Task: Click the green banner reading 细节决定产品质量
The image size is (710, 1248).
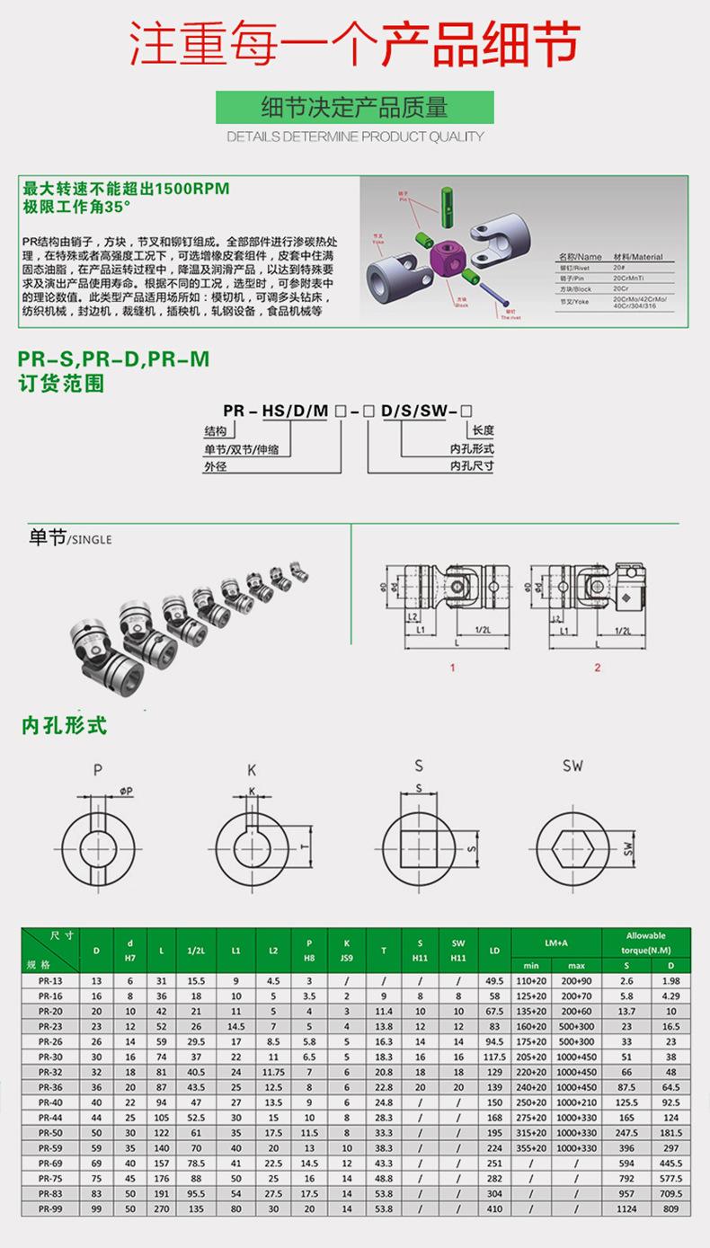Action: (x=354, y=109)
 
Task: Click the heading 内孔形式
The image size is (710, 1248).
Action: (x=65, y=724)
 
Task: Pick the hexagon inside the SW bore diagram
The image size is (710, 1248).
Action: (x=572, y=846)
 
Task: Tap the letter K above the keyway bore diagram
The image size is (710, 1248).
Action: (x=252, y=769)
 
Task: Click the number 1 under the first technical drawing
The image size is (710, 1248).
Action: (x=453, y=668)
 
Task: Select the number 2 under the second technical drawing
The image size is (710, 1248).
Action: (x=597, y=668)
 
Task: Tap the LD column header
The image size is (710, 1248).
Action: (x=493, y=951)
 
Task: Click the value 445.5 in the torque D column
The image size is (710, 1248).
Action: (x=670, y=1163)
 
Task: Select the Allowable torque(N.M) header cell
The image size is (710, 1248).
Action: (x=645, y=942)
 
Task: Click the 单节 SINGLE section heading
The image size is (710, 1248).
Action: (x=70, y=539)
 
